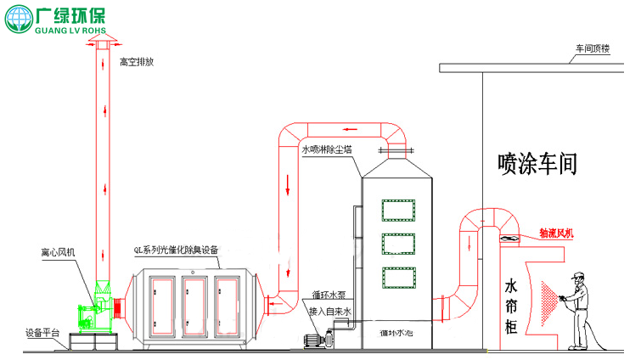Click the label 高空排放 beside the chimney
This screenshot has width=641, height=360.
137,61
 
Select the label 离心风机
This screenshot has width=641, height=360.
58,252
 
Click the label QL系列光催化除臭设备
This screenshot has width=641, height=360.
176,250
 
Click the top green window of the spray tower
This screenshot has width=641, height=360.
398,209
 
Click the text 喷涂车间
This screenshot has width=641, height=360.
537,163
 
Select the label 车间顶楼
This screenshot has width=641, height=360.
593,49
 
